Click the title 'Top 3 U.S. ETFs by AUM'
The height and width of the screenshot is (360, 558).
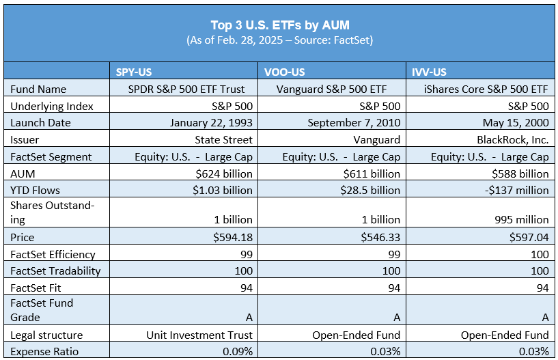coord(279,25)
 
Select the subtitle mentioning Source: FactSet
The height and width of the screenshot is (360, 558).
coord(279,40)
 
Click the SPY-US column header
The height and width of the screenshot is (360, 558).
coord(135,71)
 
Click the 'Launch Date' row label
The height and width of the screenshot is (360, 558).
coord(40,122)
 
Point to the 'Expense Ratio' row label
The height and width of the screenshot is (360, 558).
coord(44,351)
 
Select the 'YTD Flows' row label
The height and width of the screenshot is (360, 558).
coord(36,191)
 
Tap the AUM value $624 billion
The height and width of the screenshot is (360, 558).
coord(224,174)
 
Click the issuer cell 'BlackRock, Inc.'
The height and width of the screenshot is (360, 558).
coord(512,139)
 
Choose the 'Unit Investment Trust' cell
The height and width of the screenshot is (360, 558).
coord(199,335)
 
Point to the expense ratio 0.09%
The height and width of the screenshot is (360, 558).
coord(236,351)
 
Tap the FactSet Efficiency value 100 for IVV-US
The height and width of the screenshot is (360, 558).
coord(539,254)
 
